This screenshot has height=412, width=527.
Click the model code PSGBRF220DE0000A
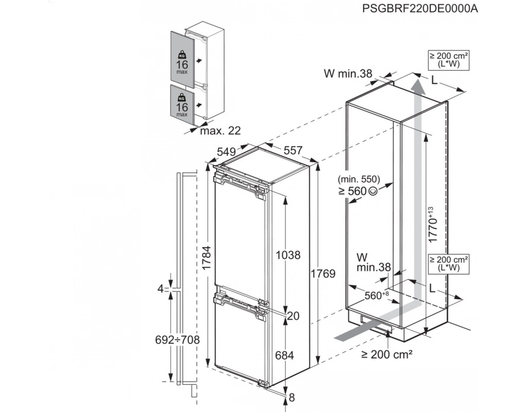(420, 8)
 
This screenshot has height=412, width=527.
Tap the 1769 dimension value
(323, 274)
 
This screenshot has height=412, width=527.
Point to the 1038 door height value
(288, 255)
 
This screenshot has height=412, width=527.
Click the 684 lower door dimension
(284, 355)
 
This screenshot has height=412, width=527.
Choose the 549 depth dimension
(226, 152)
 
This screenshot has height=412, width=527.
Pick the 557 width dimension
(293, 150)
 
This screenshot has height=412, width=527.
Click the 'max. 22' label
(220, 130)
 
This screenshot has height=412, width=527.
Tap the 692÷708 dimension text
(177, 340)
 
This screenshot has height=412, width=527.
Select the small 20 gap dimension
(293, 316)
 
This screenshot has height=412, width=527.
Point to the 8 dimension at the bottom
(291, 398)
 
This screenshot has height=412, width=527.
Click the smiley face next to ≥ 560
(373, 191)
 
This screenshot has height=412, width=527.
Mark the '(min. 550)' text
(359, 179)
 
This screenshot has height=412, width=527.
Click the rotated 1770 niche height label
(432, 225)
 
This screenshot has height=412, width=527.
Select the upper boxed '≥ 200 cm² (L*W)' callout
(449, 60)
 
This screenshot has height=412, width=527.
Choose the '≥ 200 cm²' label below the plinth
(387, 354)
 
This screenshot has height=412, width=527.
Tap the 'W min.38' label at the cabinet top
(348, 73)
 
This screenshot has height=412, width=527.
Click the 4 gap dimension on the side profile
(161, 288)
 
